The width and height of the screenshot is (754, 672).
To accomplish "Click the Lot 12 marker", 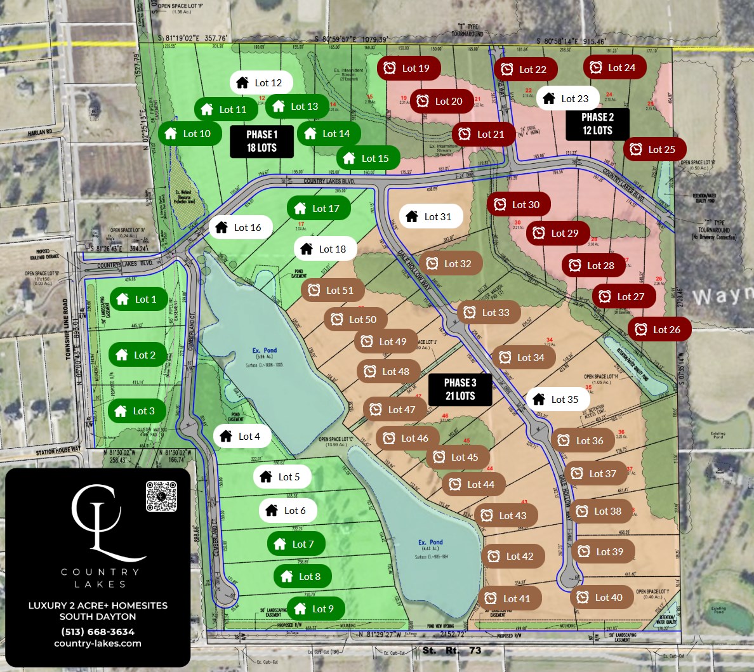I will coord(261,82).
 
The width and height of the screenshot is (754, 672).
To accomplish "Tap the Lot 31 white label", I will coord(430,216).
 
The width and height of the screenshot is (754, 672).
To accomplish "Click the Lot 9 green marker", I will coord(315,609).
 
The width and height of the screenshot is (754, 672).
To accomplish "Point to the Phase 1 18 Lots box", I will coord(261,141).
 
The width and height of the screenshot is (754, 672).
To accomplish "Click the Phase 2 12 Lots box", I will coord(597,124).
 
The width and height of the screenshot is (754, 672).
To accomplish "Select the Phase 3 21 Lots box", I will coord(460,389).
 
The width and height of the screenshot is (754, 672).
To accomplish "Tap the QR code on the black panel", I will coord(161,496).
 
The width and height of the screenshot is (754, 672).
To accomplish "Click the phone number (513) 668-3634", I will coord(98,631).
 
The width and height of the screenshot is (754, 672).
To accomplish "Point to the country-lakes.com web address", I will coord(98,643).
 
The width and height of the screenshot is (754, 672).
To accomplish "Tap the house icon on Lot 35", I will coord(539,399).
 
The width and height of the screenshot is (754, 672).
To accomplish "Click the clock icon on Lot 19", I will coord(390,68).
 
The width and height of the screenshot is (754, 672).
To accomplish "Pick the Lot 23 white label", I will coord(567,98).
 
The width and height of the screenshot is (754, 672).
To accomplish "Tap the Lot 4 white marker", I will coord(242,436).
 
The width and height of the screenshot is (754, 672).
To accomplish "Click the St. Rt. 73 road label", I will coord(451,650).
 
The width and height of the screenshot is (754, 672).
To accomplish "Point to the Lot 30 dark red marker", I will coord(518,204).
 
